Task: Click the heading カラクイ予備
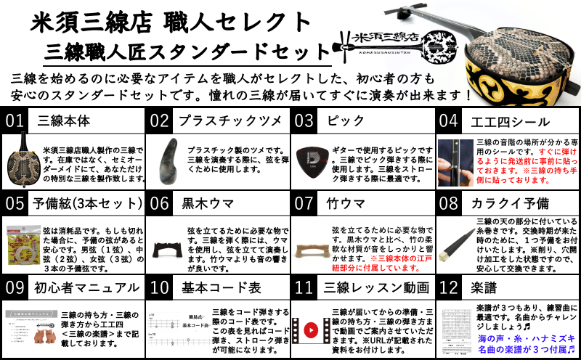click(x=509, y=202)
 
